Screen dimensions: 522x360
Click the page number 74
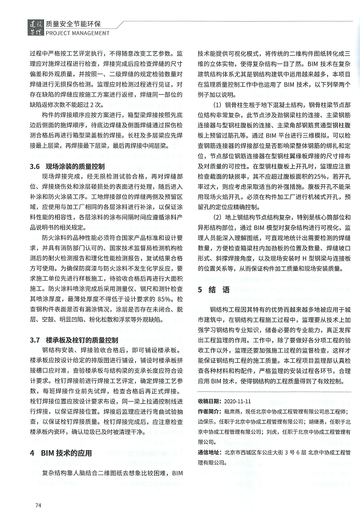[x=38, y=505]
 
